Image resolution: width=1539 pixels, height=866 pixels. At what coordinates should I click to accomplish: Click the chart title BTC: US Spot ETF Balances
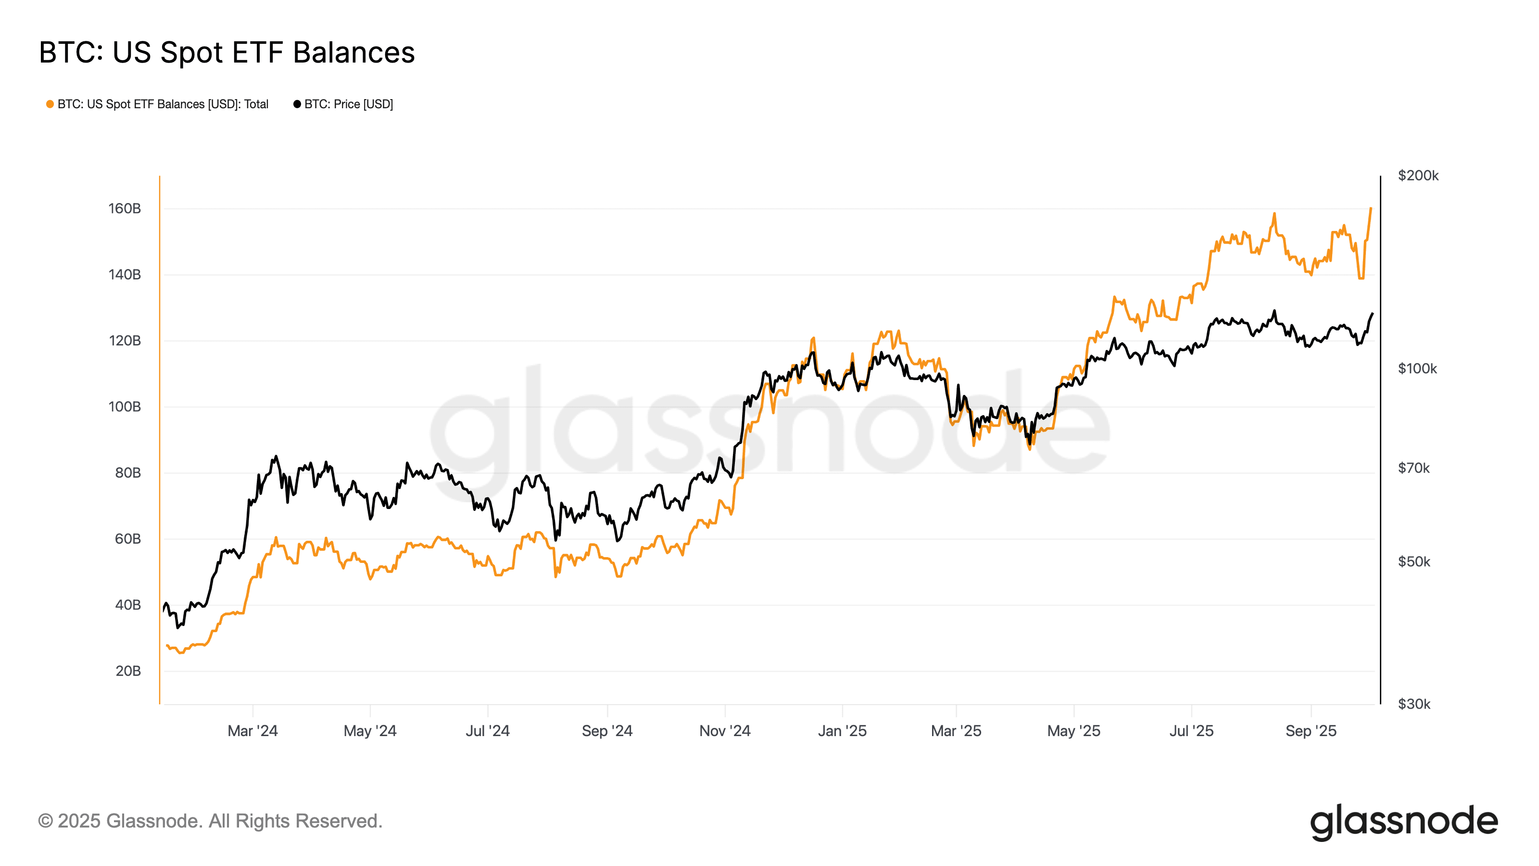pyautogui.click(x=227, y=52)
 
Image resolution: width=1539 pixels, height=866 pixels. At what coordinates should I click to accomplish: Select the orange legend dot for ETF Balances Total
pyautogui.click(x=50, y=104)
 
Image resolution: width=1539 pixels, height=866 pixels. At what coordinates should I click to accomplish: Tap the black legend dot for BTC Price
pyautogui.click(x=297, y=104)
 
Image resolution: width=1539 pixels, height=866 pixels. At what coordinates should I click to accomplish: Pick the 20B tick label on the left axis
pyautogui.click(x=128, y=671)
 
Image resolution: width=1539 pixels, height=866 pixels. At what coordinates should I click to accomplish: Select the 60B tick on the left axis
pyautogui.click(x=128, y=539)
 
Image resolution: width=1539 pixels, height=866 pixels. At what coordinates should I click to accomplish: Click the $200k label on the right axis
pyautogui.click(x=1418, y=176)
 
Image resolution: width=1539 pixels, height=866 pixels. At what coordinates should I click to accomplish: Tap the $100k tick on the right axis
pyautogui.click(x=1417, y=369)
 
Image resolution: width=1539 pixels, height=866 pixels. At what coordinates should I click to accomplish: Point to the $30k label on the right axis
pyautogui.click(x=1413, y=704)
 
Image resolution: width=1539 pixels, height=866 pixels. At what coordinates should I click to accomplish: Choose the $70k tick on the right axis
pyautogui.click(x=1413, y=468)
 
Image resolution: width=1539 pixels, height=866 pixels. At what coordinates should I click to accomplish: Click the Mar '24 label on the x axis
pyautogui.click(x=252, y=731)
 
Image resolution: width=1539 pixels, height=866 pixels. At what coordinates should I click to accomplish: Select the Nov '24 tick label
pyautogui.click(x=725, y=731)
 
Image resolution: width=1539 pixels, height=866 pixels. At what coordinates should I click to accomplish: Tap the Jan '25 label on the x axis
pyautogui.click(x=842, y=731)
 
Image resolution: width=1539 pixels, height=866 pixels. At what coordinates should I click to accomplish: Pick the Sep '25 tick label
pyautogui.click(x=1311, y=731)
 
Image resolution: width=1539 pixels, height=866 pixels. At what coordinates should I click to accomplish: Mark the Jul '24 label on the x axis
pyautogui.click(x=488, y=731)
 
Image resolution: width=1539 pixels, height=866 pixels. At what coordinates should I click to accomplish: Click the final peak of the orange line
pyautogui.click(x=1371, y=209)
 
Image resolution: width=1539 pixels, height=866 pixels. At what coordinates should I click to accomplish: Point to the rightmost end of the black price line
pyautogui.click(x=1372, y=313)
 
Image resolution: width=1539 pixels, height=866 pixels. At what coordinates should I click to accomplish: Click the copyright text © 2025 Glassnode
pyautogui.click(x=210, y=821)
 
